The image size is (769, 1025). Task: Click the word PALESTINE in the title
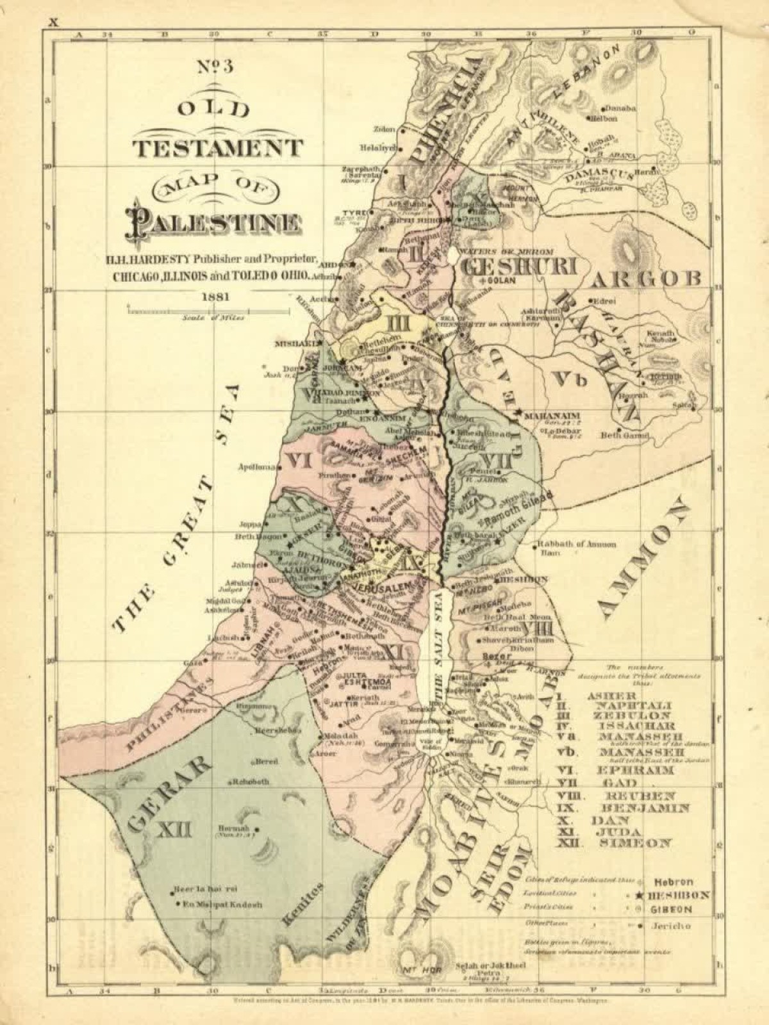[215, 222]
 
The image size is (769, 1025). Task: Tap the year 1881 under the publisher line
[216, 297]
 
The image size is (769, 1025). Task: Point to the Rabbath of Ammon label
[576, 544]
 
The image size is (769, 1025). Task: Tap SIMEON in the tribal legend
[635, 843]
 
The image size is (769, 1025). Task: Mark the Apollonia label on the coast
[256, 467]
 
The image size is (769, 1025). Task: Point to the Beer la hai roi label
[206, 890]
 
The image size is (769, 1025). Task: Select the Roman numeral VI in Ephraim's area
[299, 459]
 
